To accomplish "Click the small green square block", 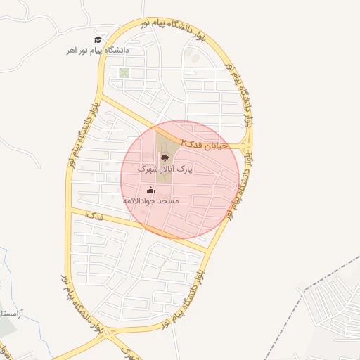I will pos(124,72).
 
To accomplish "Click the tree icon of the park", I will pos(165,158).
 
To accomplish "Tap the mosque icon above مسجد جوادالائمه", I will pos(150,190).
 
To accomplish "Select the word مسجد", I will pos(169,201).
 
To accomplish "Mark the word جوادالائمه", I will pos(141,201).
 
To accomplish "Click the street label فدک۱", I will pos(93,214).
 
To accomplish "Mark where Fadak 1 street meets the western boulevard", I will pos(69,210).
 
